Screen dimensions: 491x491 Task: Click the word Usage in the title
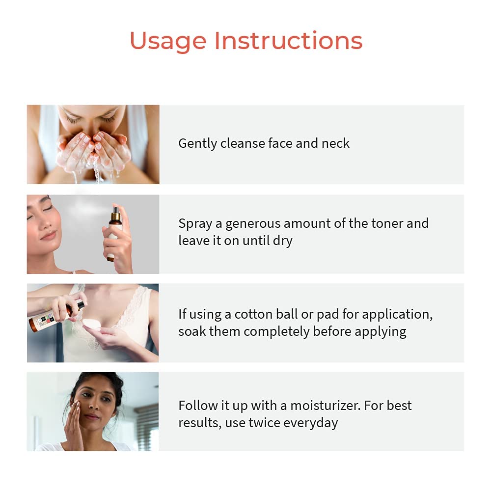pos(167,41)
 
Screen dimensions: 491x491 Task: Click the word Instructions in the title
pos(288,41)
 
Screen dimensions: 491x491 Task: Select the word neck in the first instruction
pos(335,143)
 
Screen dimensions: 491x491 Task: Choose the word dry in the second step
pos(282,241)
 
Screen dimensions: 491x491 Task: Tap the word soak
pos(192,331)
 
